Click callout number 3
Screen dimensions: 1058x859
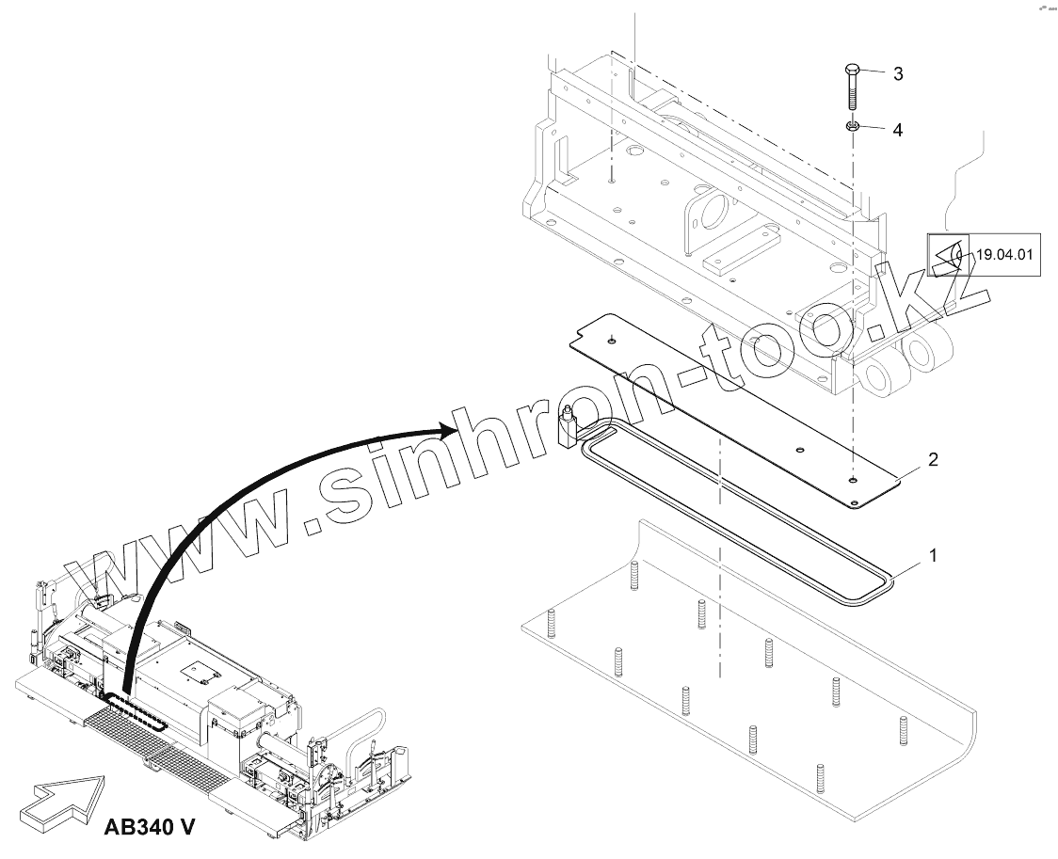click(898, 73)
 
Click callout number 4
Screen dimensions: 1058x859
click(897, 130)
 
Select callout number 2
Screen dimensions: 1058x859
click(933, 459)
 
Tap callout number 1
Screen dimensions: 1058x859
click(933, 556)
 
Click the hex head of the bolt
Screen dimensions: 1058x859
click(851, 71)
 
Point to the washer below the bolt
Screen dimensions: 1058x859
click(852, 127)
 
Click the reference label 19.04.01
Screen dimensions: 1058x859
click(1004, 254)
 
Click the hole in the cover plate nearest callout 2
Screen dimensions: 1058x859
click(851, 482)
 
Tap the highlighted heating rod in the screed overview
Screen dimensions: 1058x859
click(136, 711)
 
